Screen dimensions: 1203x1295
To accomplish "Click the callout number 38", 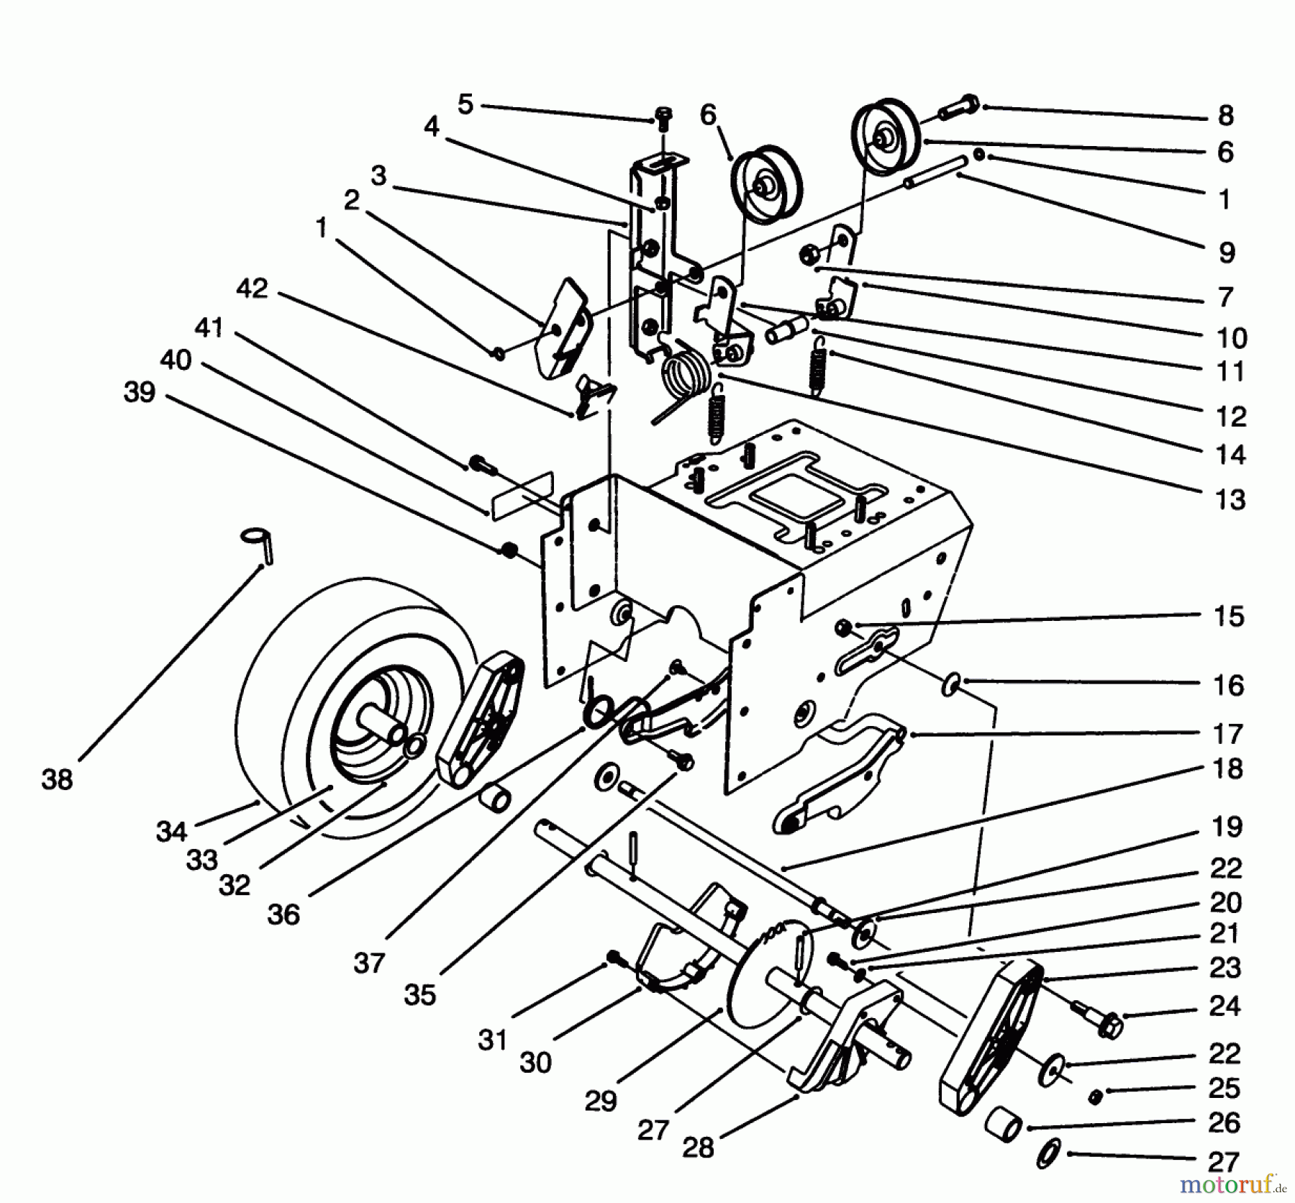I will (58, 778).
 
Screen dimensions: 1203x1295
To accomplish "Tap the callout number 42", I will (252, 289).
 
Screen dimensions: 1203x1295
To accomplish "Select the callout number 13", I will (1230, 499).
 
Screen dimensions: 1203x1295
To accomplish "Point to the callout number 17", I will (1228, 734).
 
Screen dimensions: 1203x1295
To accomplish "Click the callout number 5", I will (465, 104).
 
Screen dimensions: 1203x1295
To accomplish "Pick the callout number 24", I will (1225, 1005).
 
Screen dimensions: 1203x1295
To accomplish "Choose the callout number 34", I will (171, 832).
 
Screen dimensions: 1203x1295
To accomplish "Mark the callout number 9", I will (1227, 253).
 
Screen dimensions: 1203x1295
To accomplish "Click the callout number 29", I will (601, 1102).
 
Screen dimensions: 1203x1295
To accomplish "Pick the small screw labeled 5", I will (663, 118).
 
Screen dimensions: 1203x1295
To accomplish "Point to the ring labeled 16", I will (951, 684).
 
